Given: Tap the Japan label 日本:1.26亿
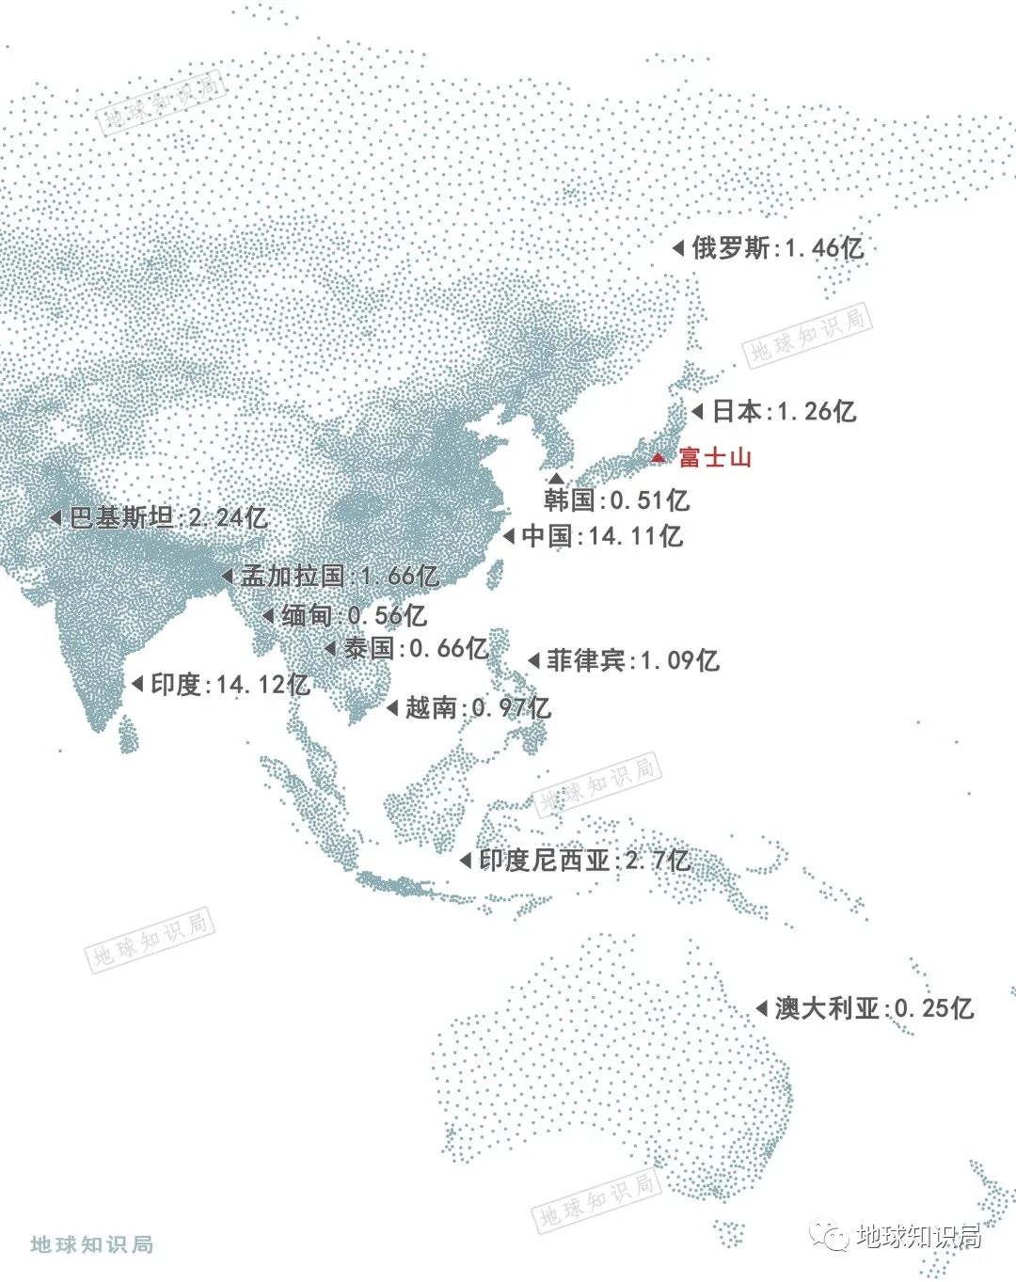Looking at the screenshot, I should (784, 411).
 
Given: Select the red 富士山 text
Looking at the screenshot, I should (716, 458).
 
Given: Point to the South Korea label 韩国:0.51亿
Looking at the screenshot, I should (616, 499).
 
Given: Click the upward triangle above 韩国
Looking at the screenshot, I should (557, 479).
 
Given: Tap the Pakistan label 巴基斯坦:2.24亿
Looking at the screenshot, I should (168, 517).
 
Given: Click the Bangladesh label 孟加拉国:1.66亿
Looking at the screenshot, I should (340, 576).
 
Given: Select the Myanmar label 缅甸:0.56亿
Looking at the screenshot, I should (354, 616).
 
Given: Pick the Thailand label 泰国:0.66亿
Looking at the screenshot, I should (415, 648).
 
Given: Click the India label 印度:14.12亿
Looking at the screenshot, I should (230, 684).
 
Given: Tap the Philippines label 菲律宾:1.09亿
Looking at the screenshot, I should (633, 660).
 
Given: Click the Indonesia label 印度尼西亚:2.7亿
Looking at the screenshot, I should (584, 861).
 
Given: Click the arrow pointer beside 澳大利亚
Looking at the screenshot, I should (761, 1008).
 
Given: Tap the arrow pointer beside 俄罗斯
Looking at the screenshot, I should (677, 248).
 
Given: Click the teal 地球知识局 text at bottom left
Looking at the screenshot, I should (91, 1244).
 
